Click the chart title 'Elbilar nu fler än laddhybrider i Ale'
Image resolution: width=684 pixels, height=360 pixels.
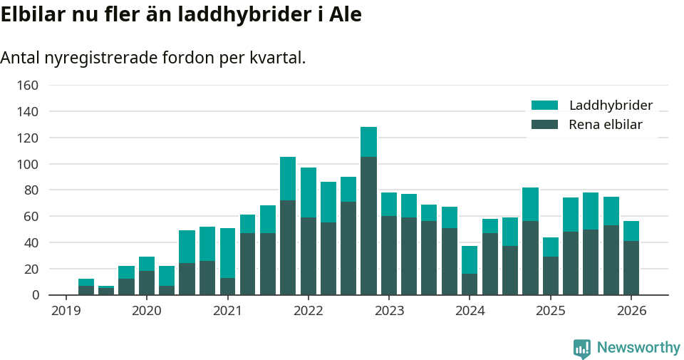pyautogui.click(x=181, y=15)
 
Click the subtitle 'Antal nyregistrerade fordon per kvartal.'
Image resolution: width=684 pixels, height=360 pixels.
pyautogui.click(x=153, y=58)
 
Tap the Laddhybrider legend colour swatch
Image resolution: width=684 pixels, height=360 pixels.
pyautogui.click(x=544, y=106)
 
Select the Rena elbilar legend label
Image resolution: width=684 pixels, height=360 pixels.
pyautogui.click(x=606, y=125)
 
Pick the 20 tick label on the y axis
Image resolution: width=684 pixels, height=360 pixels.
pyautogui.click(x=31, y=269)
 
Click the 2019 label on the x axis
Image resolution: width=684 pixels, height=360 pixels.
pyautogui.click(x=66, y=311)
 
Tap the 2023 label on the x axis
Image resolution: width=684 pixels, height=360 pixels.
pyautogui.click(x=388, y=311)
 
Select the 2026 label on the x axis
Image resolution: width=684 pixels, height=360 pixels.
pyautogui.click(x=631, y=311)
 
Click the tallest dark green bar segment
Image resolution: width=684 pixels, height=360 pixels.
pyautogui.click(x=368, y=225)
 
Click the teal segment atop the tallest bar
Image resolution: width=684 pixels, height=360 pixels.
pyautogui.click(x=368, y=142)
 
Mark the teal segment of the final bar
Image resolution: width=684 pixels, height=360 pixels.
pyautogui.click(x=631, y=231)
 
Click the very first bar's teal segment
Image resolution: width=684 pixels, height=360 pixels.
pyautogui.click(x=86, y=282)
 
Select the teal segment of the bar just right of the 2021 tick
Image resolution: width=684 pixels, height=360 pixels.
pyautogui.click(x=247, y=224)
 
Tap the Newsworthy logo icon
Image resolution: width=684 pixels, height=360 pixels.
pyautogui.click(x=581, y=348)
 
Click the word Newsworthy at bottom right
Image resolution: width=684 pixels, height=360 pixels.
pyautogui.click(x=638, y=348)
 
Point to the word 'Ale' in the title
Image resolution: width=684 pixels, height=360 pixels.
pyautogui.click(x=345, y=15)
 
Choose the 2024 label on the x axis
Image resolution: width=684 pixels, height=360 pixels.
pyautogui.click(x=470, y=311)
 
